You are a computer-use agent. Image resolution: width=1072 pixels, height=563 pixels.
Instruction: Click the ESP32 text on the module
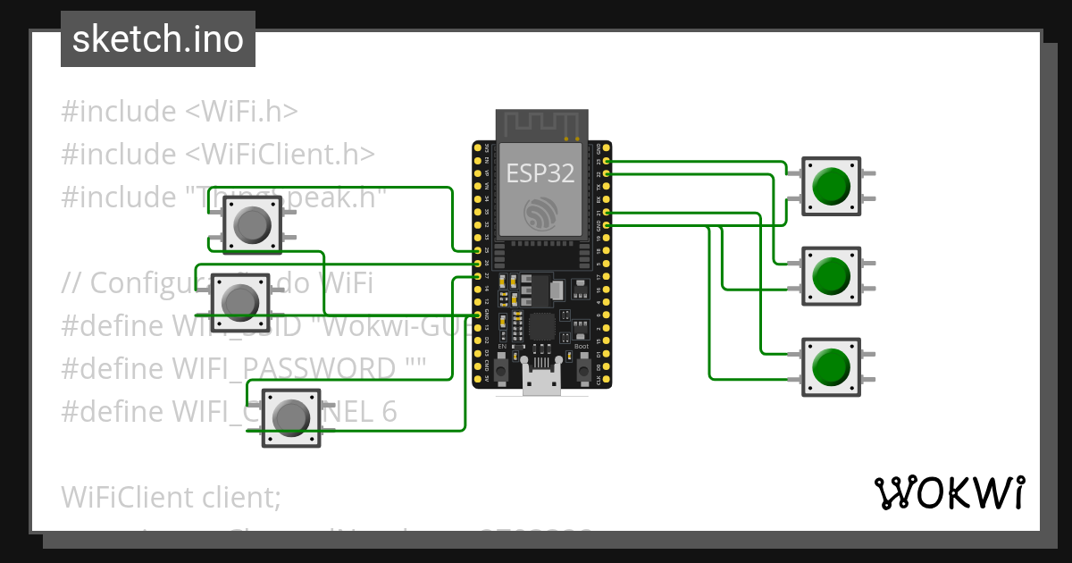541,172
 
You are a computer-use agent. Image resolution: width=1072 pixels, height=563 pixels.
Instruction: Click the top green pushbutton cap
832,186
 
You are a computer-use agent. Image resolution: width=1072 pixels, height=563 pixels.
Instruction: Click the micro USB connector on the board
542,381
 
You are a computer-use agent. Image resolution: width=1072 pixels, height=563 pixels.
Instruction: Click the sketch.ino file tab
158,39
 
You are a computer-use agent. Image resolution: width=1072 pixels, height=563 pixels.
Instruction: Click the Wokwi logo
948,493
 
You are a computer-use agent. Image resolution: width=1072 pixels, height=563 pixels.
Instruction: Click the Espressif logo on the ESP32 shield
541,212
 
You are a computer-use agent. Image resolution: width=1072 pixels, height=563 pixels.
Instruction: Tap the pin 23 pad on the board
607,161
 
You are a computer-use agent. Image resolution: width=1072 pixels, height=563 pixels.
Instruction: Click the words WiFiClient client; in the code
171,496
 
